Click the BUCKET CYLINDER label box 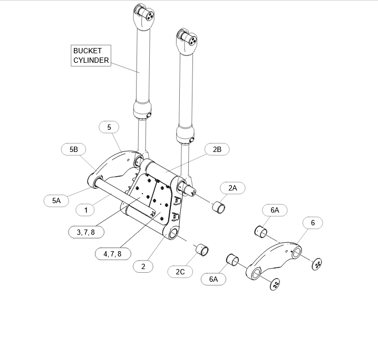click(91, 55)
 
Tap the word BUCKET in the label click(88, 51)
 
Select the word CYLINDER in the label click(91, 60)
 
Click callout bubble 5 click(109, 127)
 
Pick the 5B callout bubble click(73, 149)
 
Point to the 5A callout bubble click(56, 200)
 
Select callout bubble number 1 click(85, 210)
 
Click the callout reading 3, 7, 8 click(86, 232)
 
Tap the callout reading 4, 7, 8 click(113, 254)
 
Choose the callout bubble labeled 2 click(143, 266)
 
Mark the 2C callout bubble click(180, 272)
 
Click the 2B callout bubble click(217, 149)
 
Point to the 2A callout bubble click(232, 188)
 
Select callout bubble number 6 click(313, 223)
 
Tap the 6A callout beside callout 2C click(214, 279)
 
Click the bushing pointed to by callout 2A click(219, 207)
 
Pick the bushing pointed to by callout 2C click(202, 250)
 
